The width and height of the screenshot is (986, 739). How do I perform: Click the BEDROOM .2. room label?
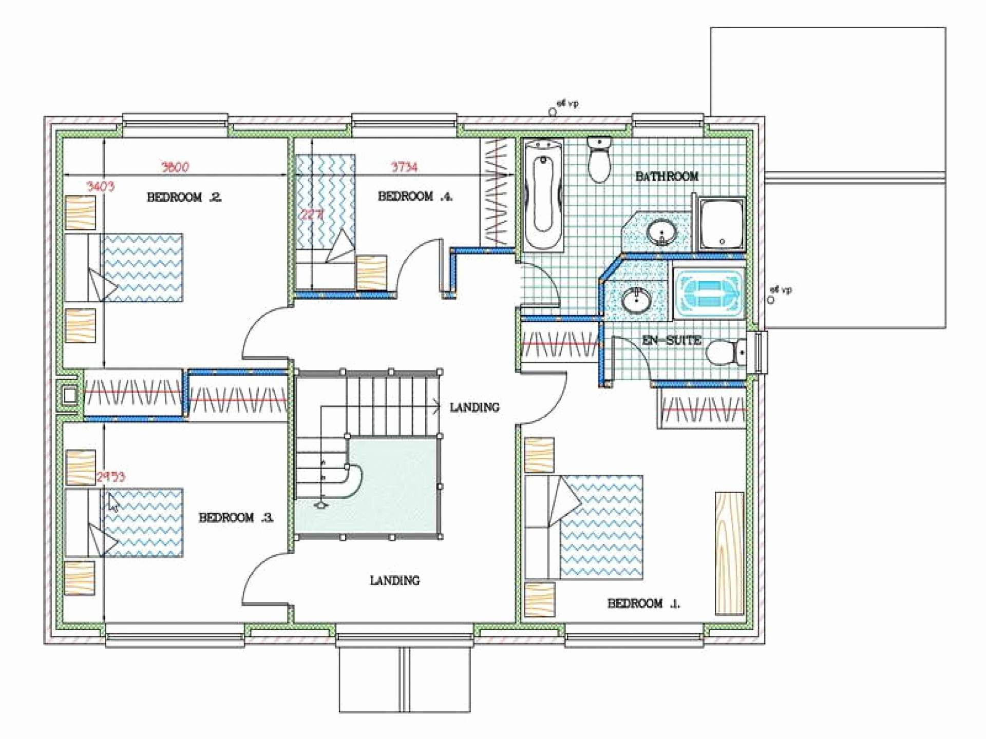[x=184, y=197]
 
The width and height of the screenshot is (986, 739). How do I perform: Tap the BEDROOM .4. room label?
[x=415, y=196]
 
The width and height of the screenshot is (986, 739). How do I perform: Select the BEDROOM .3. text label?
[x=236, y=517]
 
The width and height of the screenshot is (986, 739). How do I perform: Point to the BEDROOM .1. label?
[x=643, y=604]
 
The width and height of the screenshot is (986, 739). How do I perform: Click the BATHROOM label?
[x=667, y=177]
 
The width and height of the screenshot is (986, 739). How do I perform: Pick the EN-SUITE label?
[x=672, y=340]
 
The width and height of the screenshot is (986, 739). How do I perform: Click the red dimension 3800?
[x=175, y=167]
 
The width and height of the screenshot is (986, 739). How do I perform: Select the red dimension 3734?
[x=404, y=167]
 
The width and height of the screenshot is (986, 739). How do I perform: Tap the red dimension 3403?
[x=100, y=186]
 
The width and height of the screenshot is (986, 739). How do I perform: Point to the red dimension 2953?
[x=110, y=477]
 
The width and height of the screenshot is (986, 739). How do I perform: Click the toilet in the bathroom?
[x=598, y=159]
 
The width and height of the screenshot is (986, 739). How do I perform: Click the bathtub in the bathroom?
[x=543, y=195]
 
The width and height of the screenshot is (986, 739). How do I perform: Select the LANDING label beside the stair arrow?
[x=474, y=407]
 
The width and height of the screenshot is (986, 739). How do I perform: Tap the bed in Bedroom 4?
[x=325, y=210]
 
